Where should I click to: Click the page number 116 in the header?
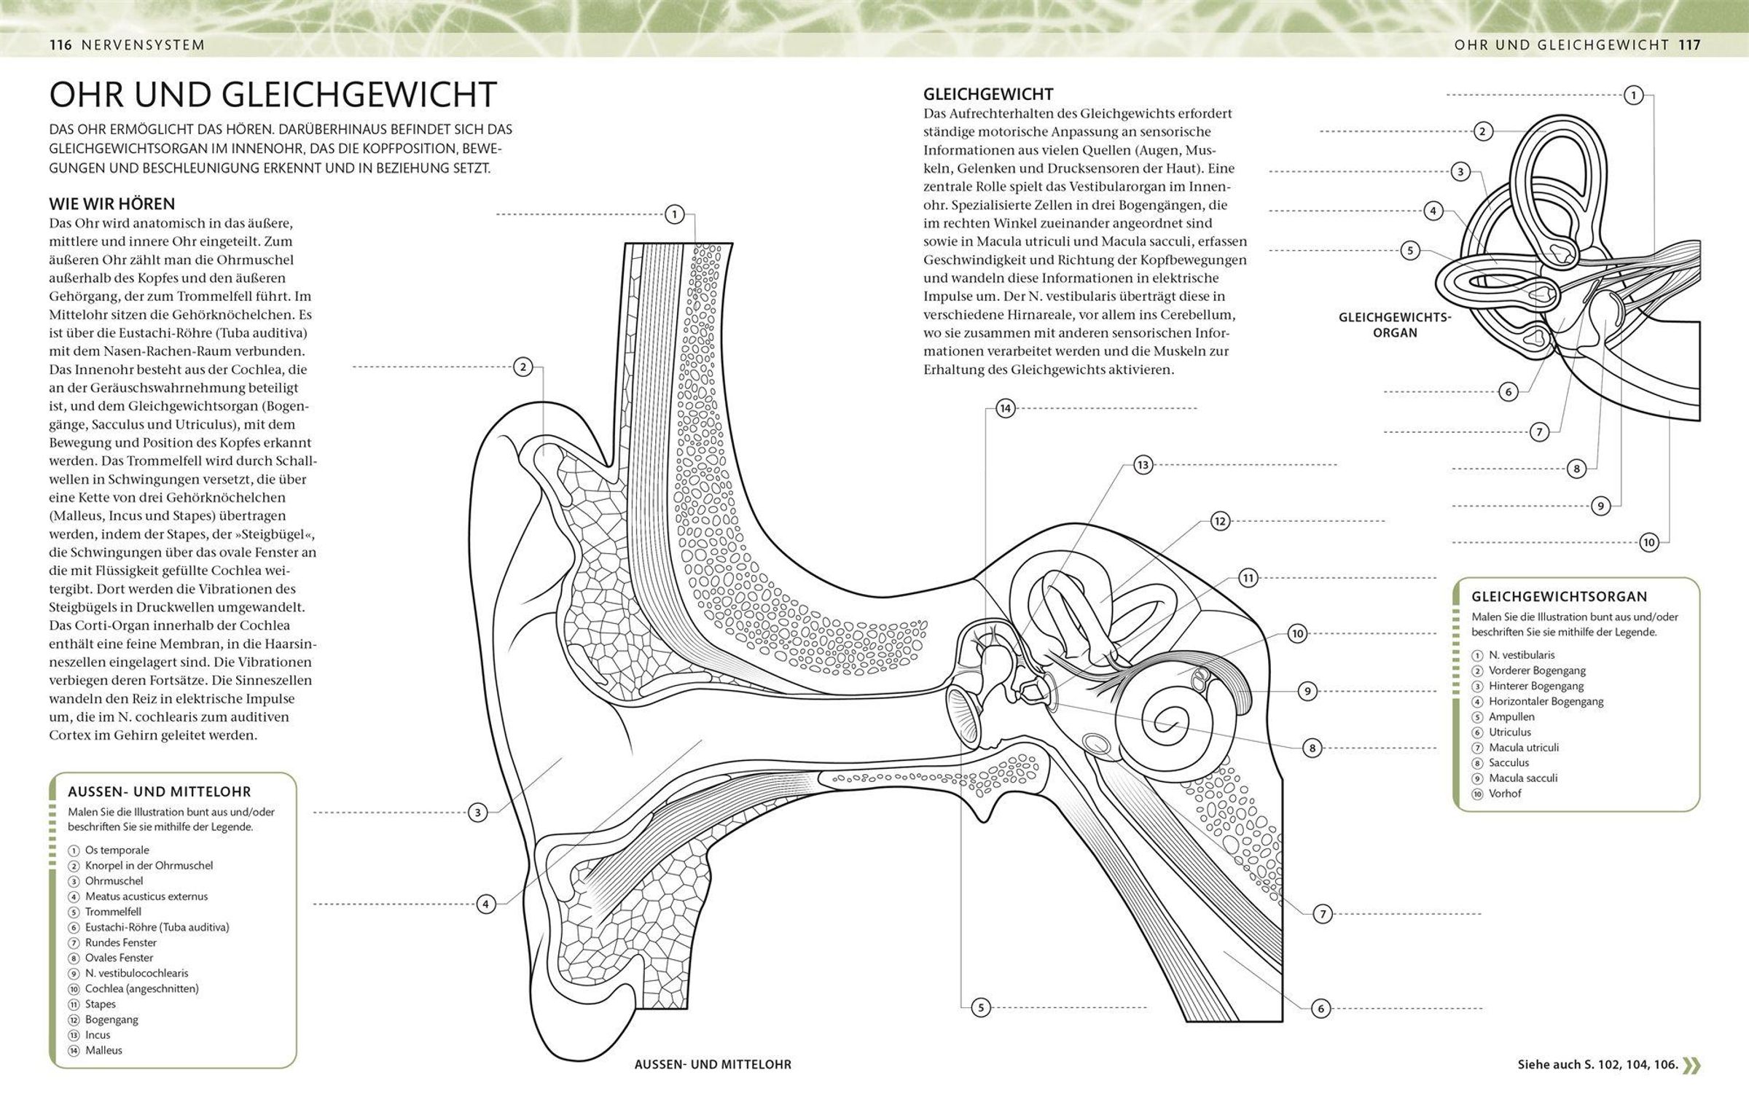click(60, 45)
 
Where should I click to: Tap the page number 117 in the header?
click(1689, 45)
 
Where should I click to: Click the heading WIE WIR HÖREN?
click(111, 204)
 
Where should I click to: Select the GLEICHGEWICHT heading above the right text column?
click(987, 94)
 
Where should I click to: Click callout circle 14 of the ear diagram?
click(1005, 408)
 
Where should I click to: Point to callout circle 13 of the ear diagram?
click(1142, 465)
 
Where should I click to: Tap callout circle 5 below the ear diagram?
click(981, 1008)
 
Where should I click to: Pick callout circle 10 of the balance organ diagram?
click(1649, 542)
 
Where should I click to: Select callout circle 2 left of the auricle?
click(523, 367)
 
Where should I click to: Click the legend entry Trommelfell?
click(113, 912)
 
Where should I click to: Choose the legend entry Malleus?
click(103, 1050)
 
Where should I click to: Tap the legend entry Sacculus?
click(1509, 762)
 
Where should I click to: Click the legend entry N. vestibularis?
click(1522, 655)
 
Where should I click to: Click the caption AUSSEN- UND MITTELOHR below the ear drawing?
click(713, 1065)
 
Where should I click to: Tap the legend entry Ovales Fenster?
click(119, 958)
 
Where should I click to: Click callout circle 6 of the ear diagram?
click(1320, 1009)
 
